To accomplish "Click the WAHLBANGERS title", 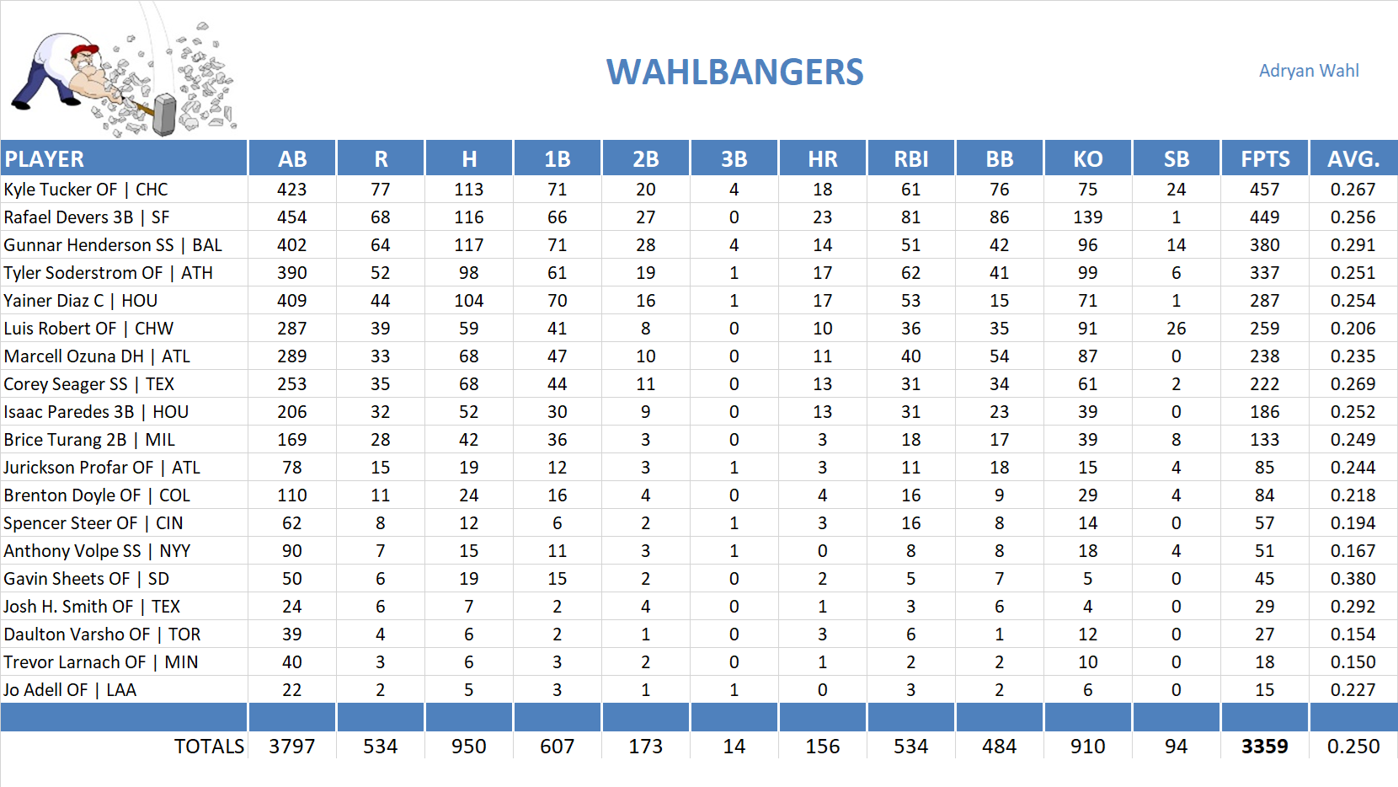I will click(x=734, y=72).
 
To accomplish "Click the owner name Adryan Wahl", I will click(x=1308, y=71).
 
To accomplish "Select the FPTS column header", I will click(x=1264, y=158).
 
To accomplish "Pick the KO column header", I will click(x=1087, y=158).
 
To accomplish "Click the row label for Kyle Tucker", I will click(x=85, y=190).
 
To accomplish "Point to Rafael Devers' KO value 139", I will click(x=1087, y=217).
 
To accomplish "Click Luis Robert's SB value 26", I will click(x=1176, y=329).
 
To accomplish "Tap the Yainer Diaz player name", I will click(x=80, y=301).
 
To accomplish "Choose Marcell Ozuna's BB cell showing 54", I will click(x=999, y=356).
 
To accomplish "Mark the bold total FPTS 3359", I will click(x=1264, y=747).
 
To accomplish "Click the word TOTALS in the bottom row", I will click(x=209, y=747).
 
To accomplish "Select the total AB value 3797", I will click(x=291, y=747).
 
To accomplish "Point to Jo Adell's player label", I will click(x=69, y=690).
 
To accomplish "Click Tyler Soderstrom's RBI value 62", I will click(x=910, y=273).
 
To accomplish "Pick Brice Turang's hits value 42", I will click(x=468, y=440).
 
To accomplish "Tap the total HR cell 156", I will click(x=822, y=747).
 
